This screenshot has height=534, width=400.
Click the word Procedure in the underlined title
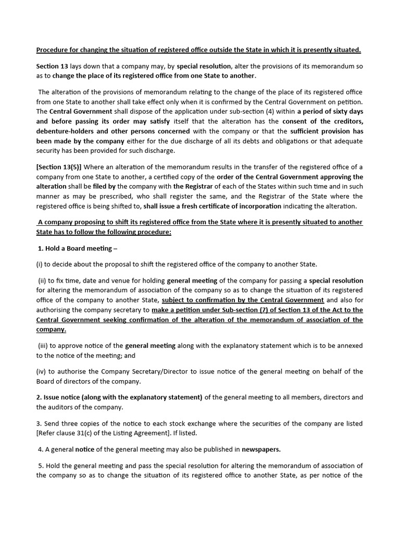tap(53, 50)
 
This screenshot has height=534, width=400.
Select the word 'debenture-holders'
tap(65, 131)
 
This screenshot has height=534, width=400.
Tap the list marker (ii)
tap(43, 280)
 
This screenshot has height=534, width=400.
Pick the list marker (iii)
tap(44, 346)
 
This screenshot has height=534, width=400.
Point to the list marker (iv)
tap(42, 371)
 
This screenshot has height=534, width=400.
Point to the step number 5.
tap(41, 466)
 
